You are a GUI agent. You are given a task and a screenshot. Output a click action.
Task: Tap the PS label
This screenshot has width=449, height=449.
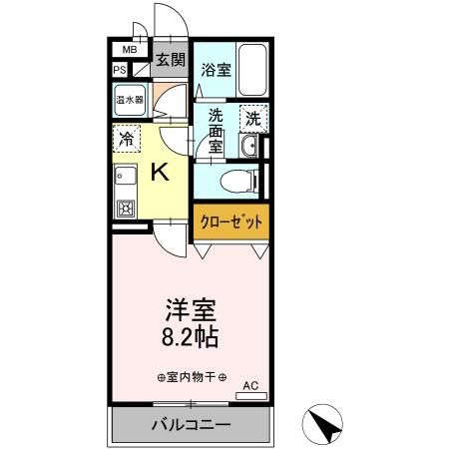point(120,70)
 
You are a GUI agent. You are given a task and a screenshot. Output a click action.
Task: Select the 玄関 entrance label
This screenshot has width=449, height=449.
point(170,60)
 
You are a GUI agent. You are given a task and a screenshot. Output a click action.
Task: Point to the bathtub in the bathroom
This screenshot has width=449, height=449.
point(253,71)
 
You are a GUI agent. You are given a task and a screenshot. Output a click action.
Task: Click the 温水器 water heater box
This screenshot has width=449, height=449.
point(129,100)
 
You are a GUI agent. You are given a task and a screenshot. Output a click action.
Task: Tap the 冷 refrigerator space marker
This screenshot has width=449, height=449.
point(128,138)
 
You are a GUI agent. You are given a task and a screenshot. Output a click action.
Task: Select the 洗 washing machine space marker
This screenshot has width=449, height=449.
point(253,117)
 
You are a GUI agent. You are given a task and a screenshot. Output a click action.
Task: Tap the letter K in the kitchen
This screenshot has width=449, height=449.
point(160,172)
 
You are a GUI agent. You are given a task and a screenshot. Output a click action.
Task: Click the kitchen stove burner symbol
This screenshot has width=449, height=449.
point(126,210)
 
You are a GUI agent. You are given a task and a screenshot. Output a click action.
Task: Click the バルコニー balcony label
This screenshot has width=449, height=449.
point(191,424)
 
